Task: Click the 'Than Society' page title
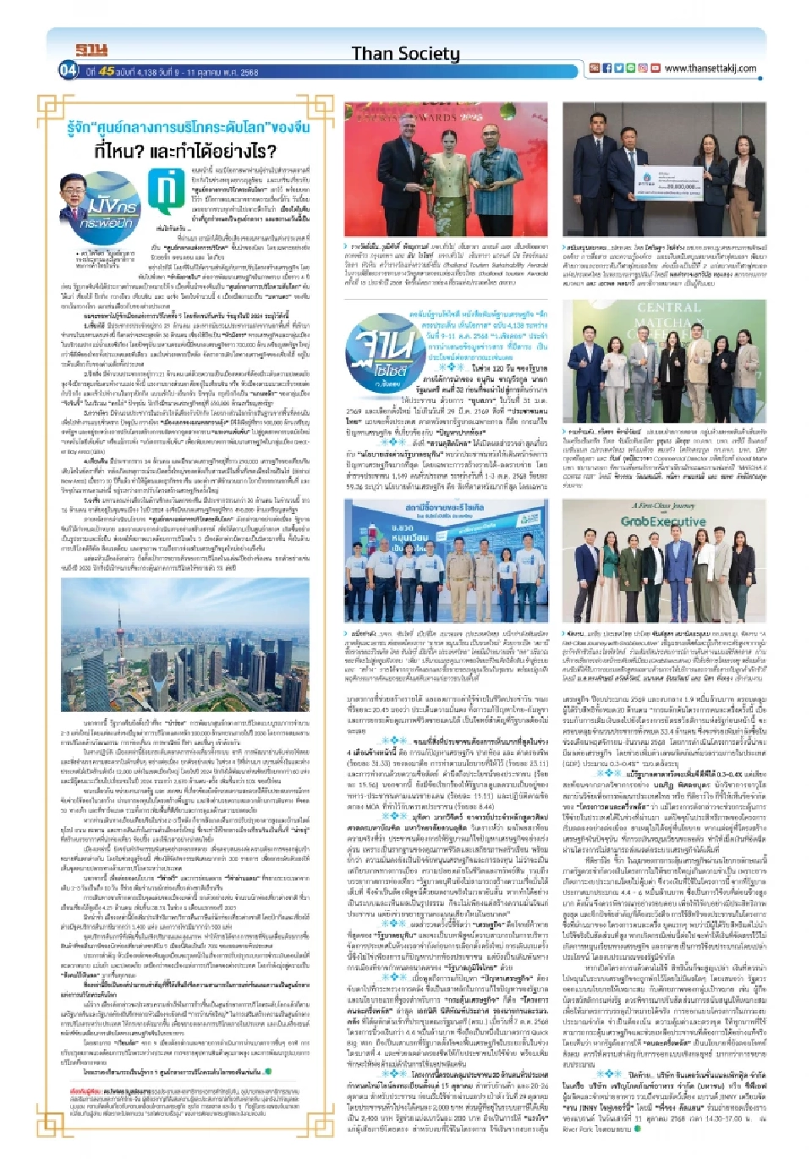405,53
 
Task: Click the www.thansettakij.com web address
710,69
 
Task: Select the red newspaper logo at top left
91,51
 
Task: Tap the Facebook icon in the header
606,69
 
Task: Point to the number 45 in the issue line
107,72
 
